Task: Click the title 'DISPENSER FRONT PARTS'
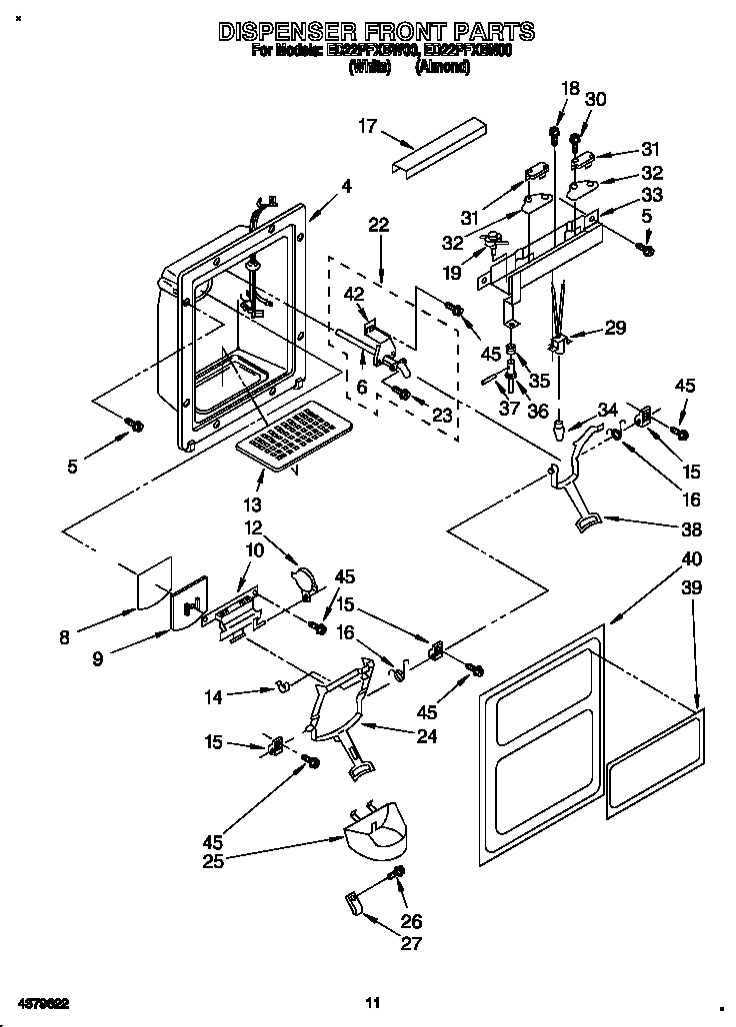(375, 32)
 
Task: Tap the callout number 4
(346, 185)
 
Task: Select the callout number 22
(379, 226)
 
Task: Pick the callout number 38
(691, 529)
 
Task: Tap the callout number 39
(691, 590)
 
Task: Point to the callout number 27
(410, 943)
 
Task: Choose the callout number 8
(65, 636)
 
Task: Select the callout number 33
(652, 195)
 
